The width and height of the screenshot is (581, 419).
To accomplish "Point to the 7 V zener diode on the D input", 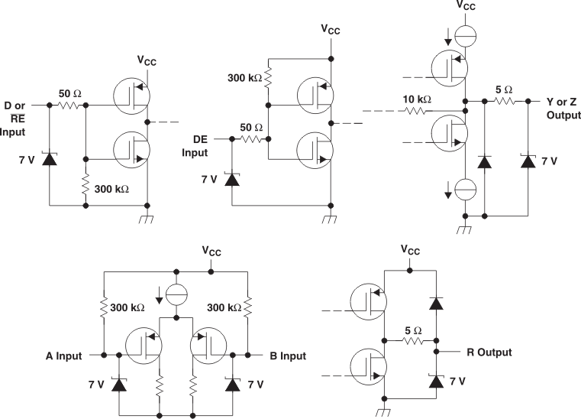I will [50, 159].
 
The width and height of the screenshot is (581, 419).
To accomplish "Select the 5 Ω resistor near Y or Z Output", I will [505, 101].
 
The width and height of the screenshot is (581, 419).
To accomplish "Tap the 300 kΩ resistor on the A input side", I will [102, 307].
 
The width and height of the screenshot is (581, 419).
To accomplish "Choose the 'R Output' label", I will [489, 352].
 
